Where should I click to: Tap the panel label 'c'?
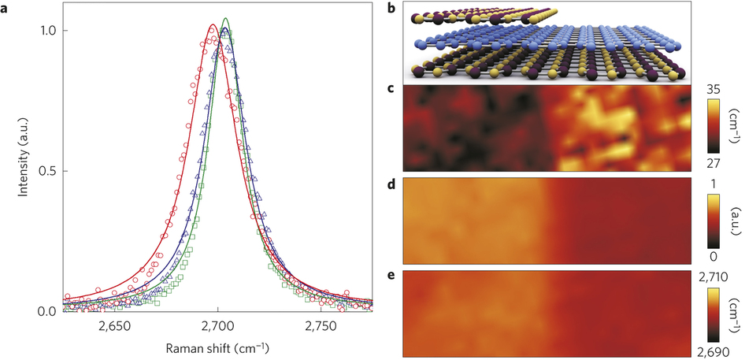click(x=392, y=89)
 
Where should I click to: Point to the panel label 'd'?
click(x=392, y=184)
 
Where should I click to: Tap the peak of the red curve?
click(x=213, y=25)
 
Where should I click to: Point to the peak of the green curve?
click(x=227, y=18)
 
